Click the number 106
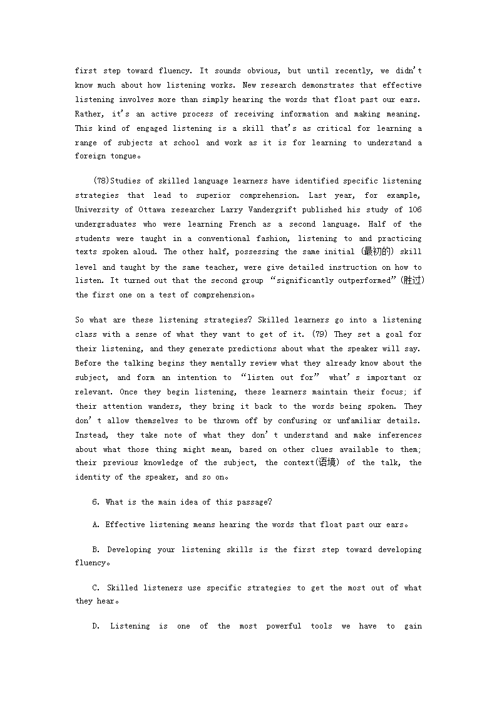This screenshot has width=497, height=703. [x=414, y=210]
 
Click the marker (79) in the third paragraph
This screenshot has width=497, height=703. [x=321, y=335]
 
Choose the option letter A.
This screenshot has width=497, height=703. [x=95, y=525]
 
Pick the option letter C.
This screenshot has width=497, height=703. [x=95, y=588]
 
